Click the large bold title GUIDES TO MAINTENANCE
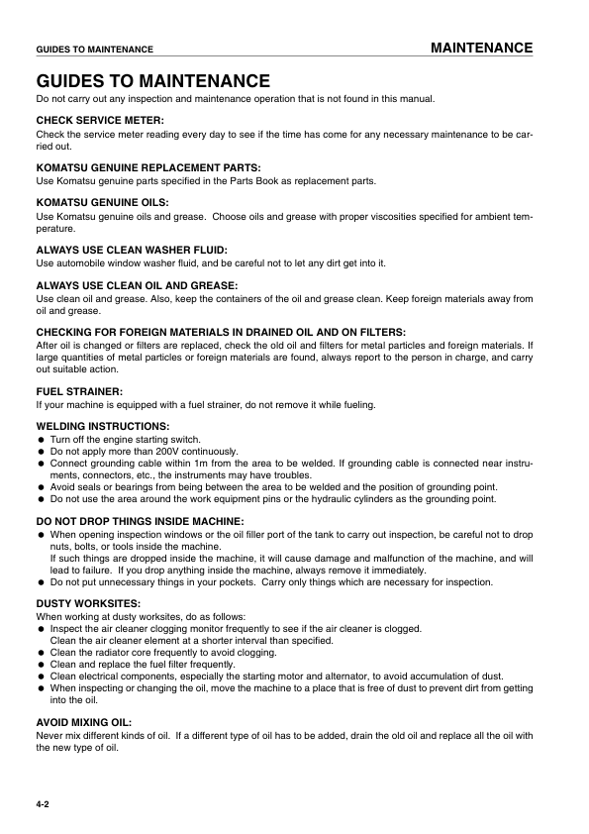pyautogui.click(x=152, y=80)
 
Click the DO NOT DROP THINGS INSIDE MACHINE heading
pyautogui.click(x=140, y=521)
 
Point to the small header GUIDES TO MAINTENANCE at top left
pyautogui.click(x=94, y=49)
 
